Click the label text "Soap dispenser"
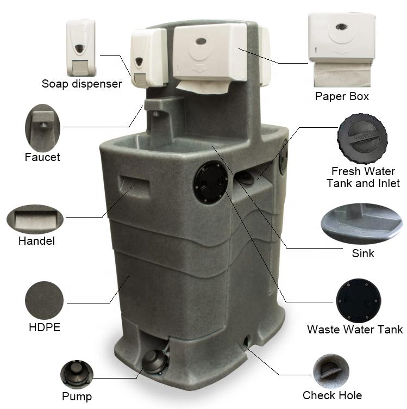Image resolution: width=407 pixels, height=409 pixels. (x=82, y=84)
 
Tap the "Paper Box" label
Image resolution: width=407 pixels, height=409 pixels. (x=342, y=96)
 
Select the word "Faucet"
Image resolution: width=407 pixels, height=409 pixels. (x=42, y=157)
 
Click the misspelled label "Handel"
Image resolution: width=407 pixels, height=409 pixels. (x=36, y=241)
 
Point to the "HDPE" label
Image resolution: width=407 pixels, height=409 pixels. (x=45, y=327)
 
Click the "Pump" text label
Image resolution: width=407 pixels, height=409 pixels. (x=77, y=396)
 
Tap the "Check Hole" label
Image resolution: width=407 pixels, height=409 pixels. (x=332, y=395)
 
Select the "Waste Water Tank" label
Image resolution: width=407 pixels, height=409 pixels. (x=355, y=330)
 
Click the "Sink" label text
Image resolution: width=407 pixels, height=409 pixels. (x=362, y=253)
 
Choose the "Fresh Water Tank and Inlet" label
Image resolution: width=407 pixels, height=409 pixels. (x=363, y=177)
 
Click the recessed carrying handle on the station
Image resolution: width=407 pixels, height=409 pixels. (x=134, y=186)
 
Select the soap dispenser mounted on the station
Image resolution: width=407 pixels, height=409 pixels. (x=148, y=58)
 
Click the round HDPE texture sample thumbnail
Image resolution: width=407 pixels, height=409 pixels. (x=45, y=300)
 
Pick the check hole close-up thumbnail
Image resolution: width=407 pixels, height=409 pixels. (x=331, y=371)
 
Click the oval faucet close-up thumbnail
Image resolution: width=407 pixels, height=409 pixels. (x=42, y=128)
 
